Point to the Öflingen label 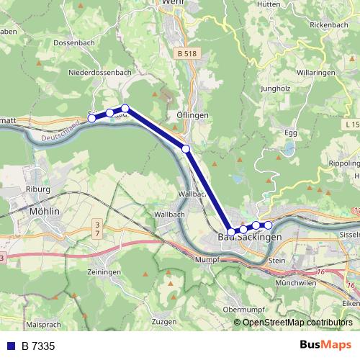pyautogui.click(x=192, y=115)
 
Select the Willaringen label pyautogui.click(x=317, y=73)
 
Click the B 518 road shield pyautogui.click(x=186, y=53)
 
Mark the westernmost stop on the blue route pyautogui.click(x=92, y=117)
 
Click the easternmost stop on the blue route pyautogui.click(x=268, y=225)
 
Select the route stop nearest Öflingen pyautogui.click(x=186, y=148)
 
